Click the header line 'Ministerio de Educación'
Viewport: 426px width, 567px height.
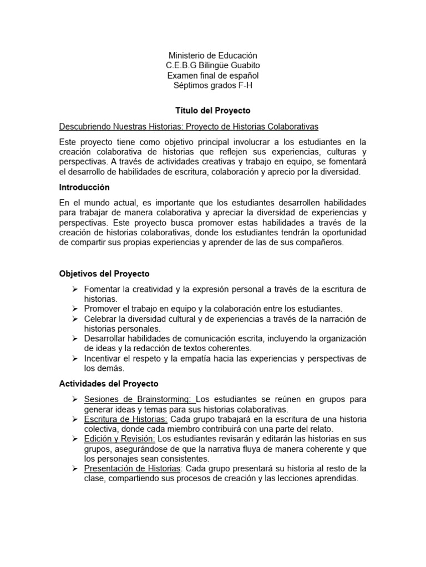coord(213,55)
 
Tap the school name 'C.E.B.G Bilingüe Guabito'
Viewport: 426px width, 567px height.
coord(213,65)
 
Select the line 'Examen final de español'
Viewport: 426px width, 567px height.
coord(213,75)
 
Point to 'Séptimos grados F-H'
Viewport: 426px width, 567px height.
coord(213,85)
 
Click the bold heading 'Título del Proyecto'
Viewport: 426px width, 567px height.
coord(213,110)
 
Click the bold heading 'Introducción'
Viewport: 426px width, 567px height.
coord(84,187)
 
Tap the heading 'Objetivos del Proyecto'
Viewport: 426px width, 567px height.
coord(104,274)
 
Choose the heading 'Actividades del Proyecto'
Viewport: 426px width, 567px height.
coord(109,383)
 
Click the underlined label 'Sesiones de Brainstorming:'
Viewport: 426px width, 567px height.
coord(140,399)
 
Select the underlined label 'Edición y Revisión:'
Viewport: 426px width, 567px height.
coord(118,439)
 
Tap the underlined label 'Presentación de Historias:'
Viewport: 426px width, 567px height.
coord(133,469)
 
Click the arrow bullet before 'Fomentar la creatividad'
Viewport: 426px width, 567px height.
coord(75,289)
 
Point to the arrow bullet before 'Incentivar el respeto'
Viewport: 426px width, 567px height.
coord(75,358)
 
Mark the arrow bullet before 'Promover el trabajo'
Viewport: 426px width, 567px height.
coord(75,308)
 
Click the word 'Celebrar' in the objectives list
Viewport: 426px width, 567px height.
coord(100,318)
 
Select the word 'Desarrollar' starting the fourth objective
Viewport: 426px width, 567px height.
coord(106,338)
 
